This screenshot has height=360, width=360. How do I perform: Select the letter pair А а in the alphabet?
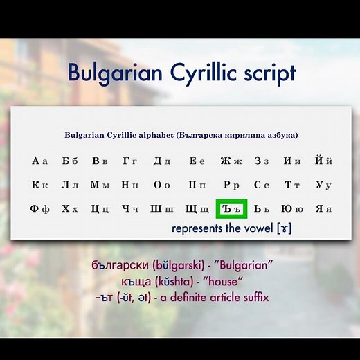click(x=39, y=161)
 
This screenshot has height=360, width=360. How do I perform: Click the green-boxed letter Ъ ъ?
click(x=231, y=208)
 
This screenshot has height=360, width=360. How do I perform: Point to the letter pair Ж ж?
click(x=231, y=161)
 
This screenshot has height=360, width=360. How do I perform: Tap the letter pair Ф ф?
click(x=39, y=208)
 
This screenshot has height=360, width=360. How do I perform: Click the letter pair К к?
click(x=39, y=185)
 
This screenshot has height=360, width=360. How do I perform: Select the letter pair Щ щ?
click(x=197, y=208)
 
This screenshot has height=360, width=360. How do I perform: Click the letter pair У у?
click(x=323, y=185)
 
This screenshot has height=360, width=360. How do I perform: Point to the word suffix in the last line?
click(x=251, y=297)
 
